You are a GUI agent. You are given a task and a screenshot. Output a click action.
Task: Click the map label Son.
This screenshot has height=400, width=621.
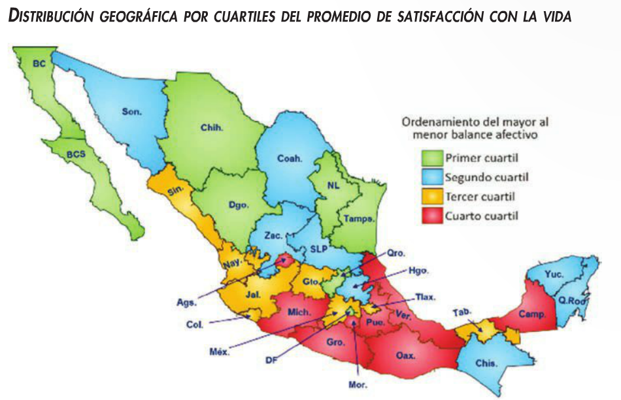pos(131,111)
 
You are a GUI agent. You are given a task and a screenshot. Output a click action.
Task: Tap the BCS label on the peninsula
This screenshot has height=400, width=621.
pos(77,154)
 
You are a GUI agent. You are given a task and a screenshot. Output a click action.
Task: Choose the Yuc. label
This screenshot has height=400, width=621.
pos(555,275)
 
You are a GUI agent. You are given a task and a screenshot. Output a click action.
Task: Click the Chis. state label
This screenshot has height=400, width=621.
pos(486,363)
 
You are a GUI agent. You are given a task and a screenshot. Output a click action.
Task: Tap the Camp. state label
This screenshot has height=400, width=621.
pos(532,314)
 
